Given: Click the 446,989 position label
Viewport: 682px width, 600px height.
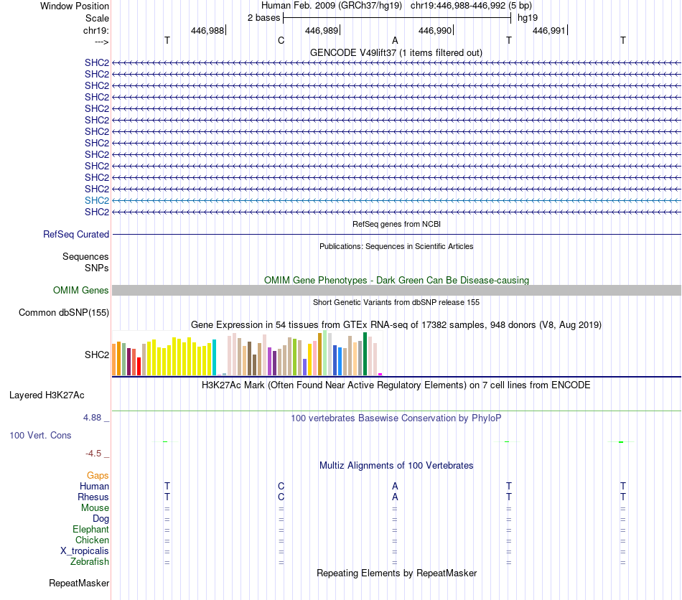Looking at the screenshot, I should (x=321, y=31).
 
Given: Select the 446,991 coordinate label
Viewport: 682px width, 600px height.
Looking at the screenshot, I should (x=548, y=31).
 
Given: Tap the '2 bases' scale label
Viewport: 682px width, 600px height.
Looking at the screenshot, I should (x=263, y=18).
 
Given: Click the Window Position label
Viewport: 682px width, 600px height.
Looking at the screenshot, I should (x=75, y=6).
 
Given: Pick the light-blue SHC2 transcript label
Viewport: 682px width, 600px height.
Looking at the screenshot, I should (x=97, y=200).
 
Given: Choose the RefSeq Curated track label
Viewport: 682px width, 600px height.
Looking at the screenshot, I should (x=76, y=234).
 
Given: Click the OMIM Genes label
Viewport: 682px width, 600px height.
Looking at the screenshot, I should (x=81, y=291).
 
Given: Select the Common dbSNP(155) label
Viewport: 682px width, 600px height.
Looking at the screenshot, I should (x=64, y=313).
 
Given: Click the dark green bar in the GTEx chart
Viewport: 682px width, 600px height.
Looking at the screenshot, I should (x=365, y=354).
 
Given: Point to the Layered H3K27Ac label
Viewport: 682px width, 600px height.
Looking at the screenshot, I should (x=47, y=395).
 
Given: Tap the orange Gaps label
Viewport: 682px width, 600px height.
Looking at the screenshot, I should (x=98, y=475).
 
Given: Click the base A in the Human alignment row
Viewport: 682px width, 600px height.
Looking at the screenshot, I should (x=395, y=486).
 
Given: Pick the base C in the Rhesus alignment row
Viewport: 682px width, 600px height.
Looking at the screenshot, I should (x=281, y=497).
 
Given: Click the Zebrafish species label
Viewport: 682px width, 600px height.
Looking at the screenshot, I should (x=90, y=561).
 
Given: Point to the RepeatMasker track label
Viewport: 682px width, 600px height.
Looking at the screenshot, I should (x=79, y=583).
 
